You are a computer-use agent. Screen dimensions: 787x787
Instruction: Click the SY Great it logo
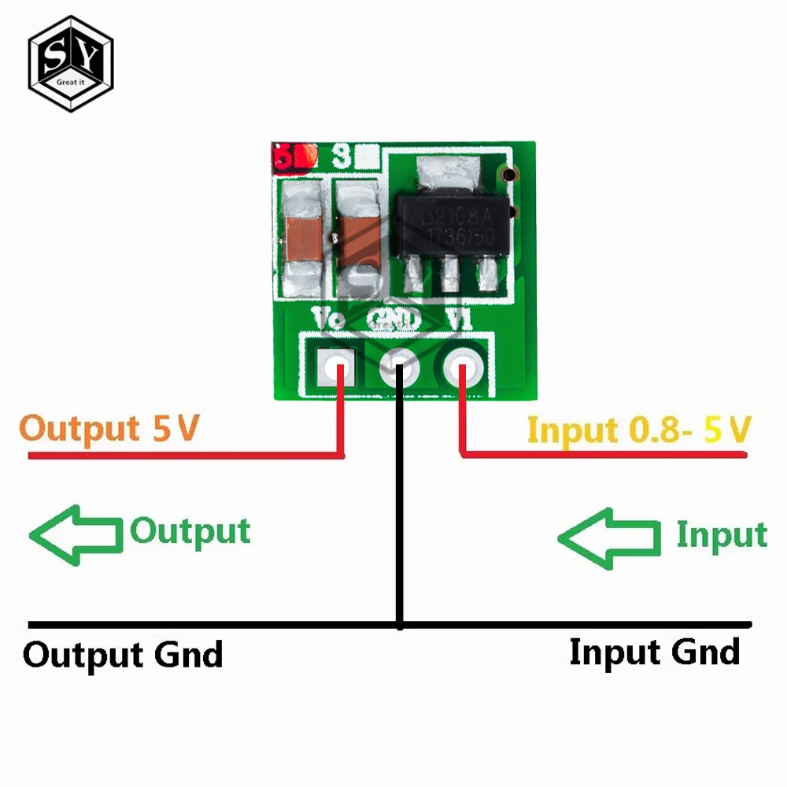click(71, 62)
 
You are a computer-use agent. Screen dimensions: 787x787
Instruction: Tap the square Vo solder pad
click(334, 366)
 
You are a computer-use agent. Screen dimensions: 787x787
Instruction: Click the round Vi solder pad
click(463, 366)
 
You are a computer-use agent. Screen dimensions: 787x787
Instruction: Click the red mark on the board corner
click(293, 157)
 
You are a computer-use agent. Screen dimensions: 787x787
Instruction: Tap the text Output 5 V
click(110, 429)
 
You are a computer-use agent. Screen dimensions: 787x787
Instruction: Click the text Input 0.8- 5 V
click(638, 430)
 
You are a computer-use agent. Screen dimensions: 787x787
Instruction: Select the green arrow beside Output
click(76, 536)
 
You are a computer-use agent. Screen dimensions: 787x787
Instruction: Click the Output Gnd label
click(123, 655)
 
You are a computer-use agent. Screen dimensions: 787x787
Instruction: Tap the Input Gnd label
click(654, 652)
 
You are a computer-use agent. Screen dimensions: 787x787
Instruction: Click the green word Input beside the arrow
click(721, 534)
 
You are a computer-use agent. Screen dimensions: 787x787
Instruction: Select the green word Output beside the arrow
click(190, 531)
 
